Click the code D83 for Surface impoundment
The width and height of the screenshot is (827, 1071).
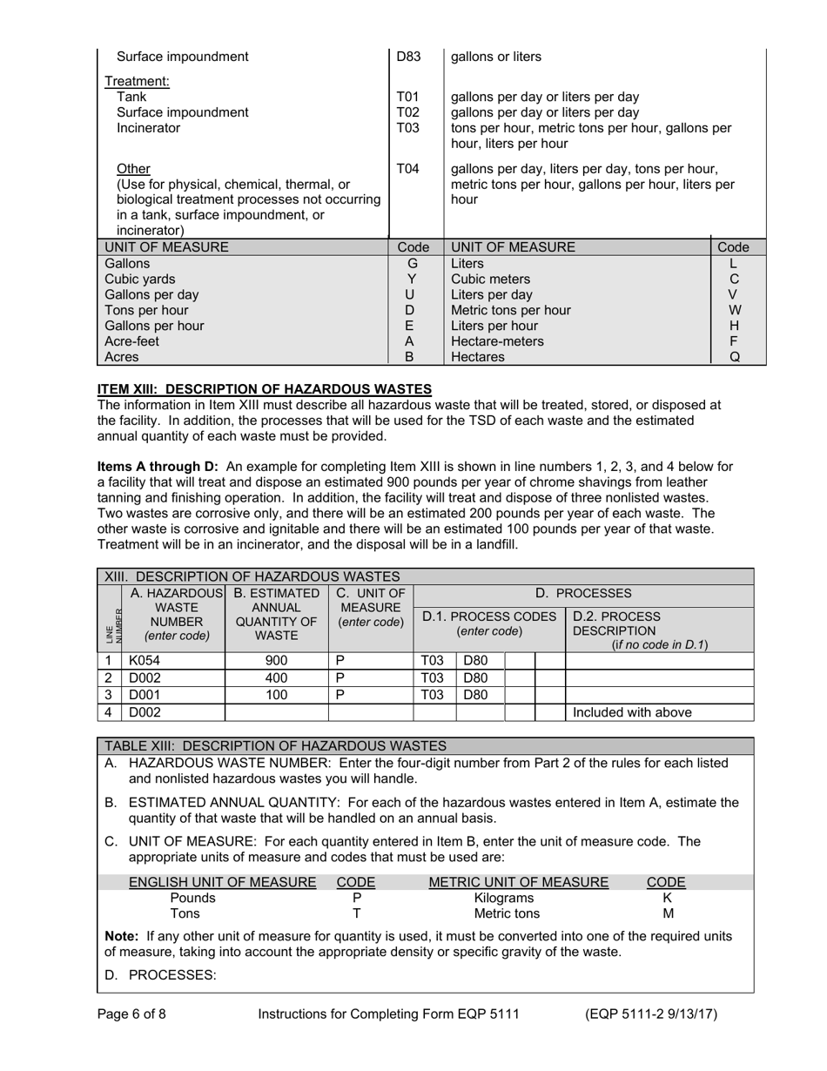coord(408,57)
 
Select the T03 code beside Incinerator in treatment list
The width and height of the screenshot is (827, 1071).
coord(407,128)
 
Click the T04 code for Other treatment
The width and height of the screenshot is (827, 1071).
coord(407,169)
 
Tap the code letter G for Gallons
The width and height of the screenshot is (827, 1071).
coord(413,264)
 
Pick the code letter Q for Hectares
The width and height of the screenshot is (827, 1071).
coord(735,357)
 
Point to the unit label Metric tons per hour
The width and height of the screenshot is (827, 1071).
coord(511,310)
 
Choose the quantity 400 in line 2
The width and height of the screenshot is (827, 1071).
coord(276,678)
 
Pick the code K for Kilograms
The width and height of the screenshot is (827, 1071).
coord(667,898)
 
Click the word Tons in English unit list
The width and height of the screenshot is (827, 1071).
coord(185,913)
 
